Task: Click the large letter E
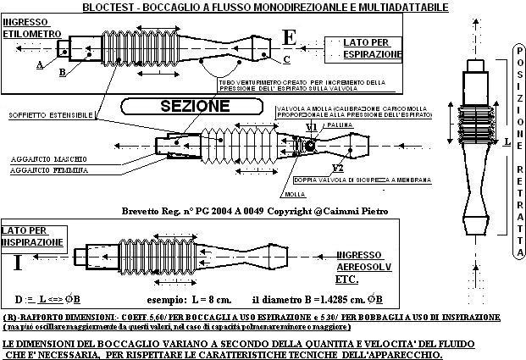click(x=291, y=37)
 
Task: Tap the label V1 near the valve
click(x=311, y=128)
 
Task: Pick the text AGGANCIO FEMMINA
click(x=52, y=170)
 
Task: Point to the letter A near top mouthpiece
click(x=40, y=64)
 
